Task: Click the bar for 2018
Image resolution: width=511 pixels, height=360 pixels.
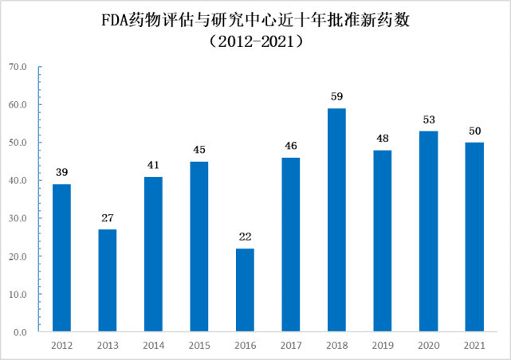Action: pyautogui.click(x=336, y=220)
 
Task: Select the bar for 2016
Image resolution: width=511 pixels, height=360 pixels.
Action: pyautogui.click(x=245, y=290)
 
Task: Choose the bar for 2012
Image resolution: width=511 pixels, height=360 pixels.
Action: pyautogui.click(x=61, y=257)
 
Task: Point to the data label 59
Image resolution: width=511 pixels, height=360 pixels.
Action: pyautogui.click(x=336, y=97)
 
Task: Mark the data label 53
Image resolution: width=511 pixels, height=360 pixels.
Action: pyautogui.click(x=428, y=119)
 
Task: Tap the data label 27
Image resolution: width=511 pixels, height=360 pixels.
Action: pyautogui.click(x=107, y=218)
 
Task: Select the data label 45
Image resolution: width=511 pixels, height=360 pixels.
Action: pyautogui.click(x=199, y=150)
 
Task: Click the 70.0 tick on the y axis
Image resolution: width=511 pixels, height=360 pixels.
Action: pyautogui.click(x=18, y=66)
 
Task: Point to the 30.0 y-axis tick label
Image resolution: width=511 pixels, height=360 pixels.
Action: pyautogui.click(x=18, y=218)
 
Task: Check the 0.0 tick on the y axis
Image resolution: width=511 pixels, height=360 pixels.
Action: pyautogui.click(x=21, y=332)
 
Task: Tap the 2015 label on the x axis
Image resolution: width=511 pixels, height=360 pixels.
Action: pyautogui.click(x=199, y=346)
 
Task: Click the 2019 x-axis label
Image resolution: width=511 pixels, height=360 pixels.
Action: pyautogui.click(x=383, y=346)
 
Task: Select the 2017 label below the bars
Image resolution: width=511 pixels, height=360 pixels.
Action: pyautogui.click(x=291, y=346)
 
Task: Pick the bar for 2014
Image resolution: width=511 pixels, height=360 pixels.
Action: pyautogui.click(x=153, y=254)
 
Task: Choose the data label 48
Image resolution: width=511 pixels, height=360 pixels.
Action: pyautogui.click(x=383, y=139)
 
